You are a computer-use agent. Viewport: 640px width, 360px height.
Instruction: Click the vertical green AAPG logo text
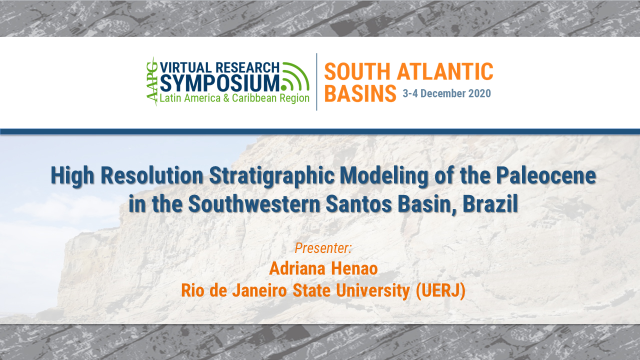click(x=151, y=81)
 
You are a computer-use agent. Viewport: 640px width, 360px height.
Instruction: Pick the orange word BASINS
click(x=360, y=93)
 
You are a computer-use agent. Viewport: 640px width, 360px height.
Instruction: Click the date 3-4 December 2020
click(x=446, y=93)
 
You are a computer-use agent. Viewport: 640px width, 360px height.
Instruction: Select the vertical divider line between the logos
click(x=316, y=81)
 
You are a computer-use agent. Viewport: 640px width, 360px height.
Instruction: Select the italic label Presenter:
click(x=323, y=247)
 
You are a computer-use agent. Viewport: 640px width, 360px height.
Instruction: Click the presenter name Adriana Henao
click(x=323, y=268)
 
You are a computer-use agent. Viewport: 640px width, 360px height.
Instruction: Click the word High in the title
click(x=72, y=177)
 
